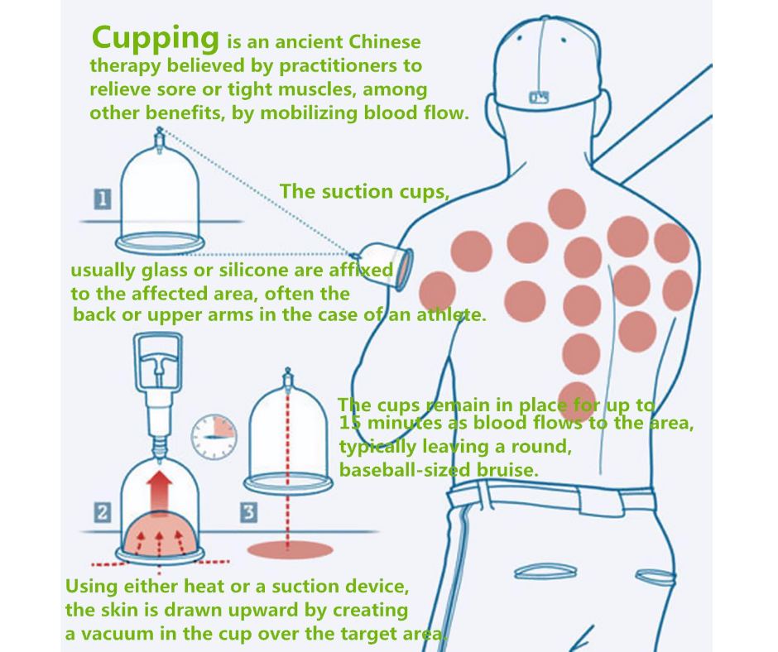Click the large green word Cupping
(155, 39)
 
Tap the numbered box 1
(103, 199)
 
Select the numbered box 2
(103, 512)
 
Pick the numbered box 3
(248, 512)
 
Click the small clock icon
(214, 437)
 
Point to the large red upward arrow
(159, 491)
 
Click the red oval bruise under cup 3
(290, 549)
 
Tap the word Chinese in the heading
(384, 41)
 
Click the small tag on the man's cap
(539, 97)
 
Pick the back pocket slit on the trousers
(545, 572)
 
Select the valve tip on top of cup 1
(159, 133)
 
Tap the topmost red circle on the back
(567, 209)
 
